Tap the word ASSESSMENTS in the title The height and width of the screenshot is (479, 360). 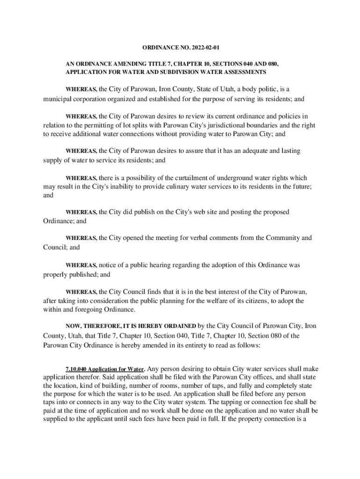click(242, 72)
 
